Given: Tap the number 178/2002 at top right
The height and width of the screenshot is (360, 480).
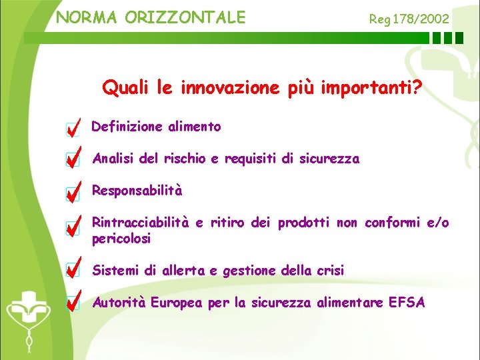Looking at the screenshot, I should coord(421,19).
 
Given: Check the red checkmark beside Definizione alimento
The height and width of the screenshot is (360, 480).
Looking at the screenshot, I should coord(74,126).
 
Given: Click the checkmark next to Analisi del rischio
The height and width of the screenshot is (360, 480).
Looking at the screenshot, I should coord(74,159).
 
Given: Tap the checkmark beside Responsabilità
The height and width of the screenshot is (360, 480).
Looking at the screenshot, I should coord(74,191).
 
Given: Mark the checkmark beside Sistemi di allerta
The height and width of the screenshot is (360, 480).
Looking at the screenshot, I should coord(74,269).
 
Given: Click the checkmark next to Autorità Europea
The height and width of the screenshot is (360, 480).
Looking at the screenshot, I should coord(74,302).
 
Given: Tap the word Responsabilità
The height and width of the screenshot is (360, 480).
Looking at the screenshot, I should coord(137,191).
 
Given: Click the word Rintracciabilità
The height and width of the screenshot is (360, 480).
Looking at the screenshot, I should coord(141,223).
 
